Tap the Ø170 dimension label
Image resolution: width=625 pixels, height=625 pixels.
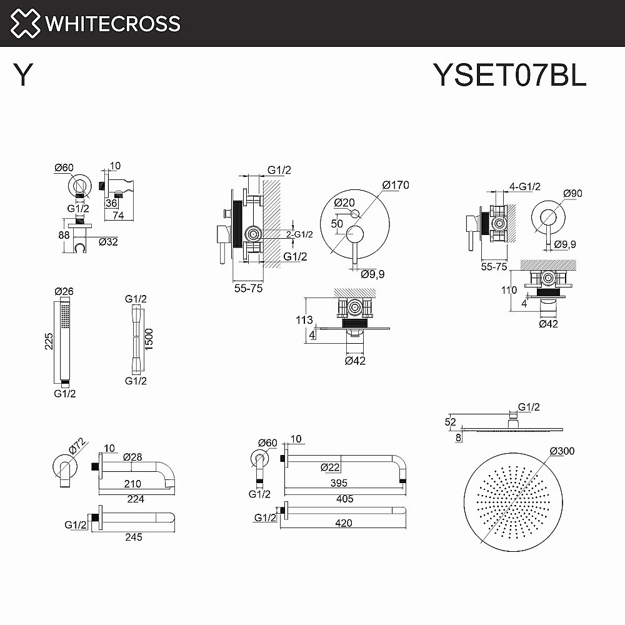[395, 185]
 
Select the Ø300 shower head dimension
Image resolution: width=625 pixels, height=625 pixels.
[561, 451]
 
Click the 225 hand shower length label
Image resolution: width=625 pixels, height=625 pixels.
[48, 341]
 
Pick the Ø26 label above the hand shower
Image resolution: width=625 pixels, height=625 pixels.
[64, 291]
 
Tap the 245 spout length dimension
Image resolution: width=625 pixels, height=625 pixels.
[132, 536]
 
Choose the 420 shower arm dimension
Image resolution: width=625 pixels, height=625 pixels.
[344, 523]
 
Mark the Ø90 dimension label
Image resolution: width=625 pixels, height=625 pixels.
[572, 193]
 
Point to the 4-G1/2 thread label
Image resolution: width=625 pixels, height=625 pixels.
[524, 186]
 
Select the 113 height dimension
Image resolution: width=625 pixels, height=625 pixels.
[304, 320]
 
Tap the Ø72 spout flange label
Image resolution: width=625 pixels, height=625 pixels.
[76, 445]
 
